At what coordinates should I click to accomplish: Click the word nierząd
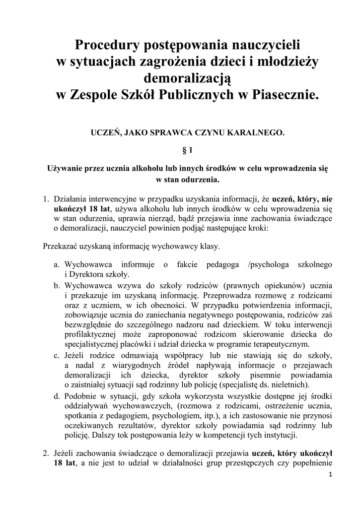[x=160, y=219]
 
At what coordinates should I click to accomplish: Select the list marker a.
[x=57, y=265]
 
